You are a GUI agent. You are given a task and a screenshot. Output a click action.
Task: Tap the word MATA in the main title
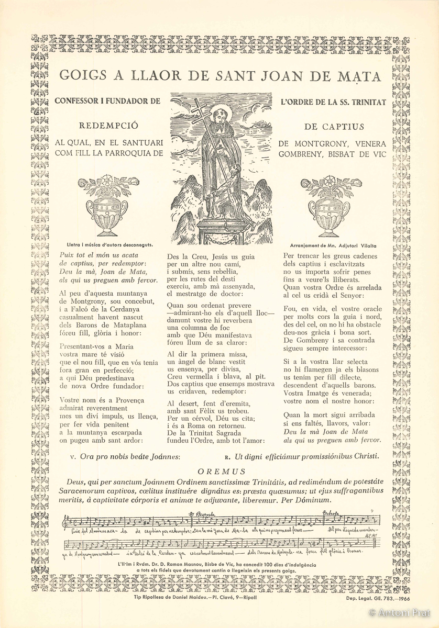pyautogui.click(x=359, y=76)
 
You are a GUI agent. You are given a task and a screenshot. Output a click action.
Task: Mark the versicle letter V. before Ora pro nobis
pyautogui.click(x=72, y=456)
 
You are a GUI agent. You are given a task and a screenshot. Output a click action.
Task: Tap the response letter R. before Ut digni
pyautogui.click(x=227, y=456)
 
